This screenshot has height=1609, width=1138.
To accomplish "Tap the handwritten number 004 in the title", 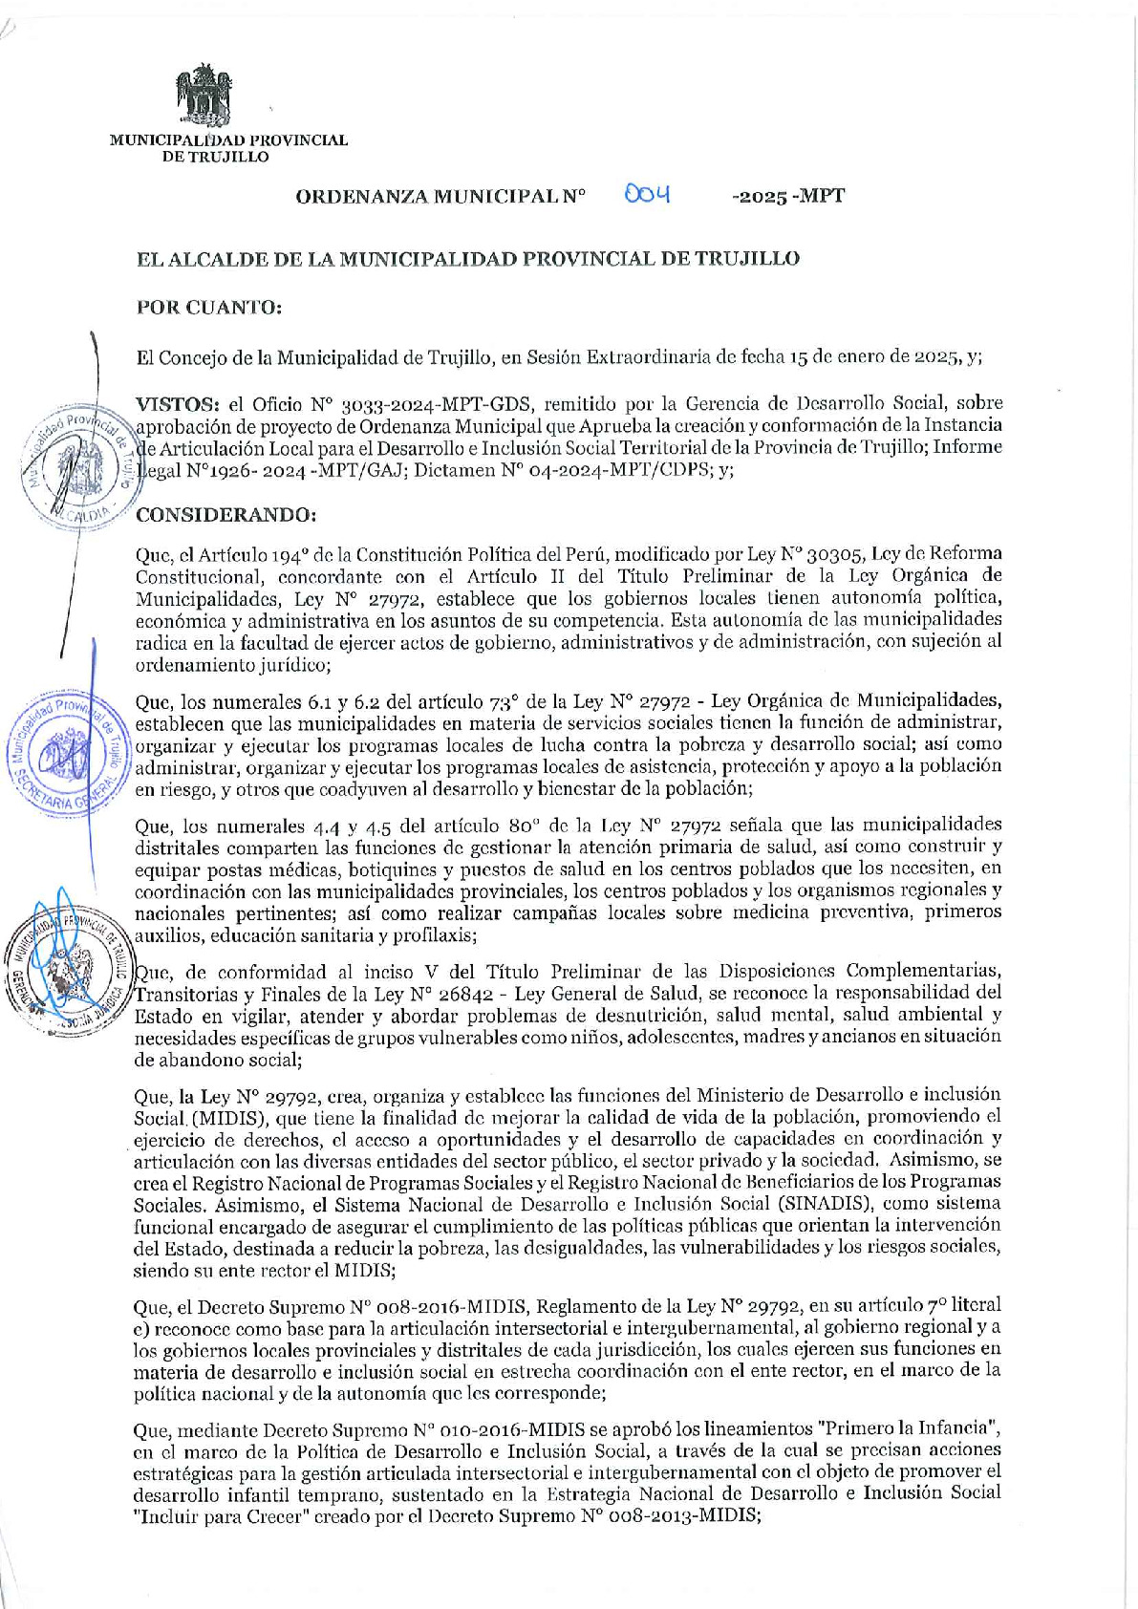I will pos(647,195).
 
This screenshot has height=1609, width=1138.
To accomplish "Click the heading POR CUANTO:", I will pos(209,308).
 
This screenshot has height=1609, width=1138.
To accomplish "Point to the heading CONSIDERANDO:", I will pos(225,515).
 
